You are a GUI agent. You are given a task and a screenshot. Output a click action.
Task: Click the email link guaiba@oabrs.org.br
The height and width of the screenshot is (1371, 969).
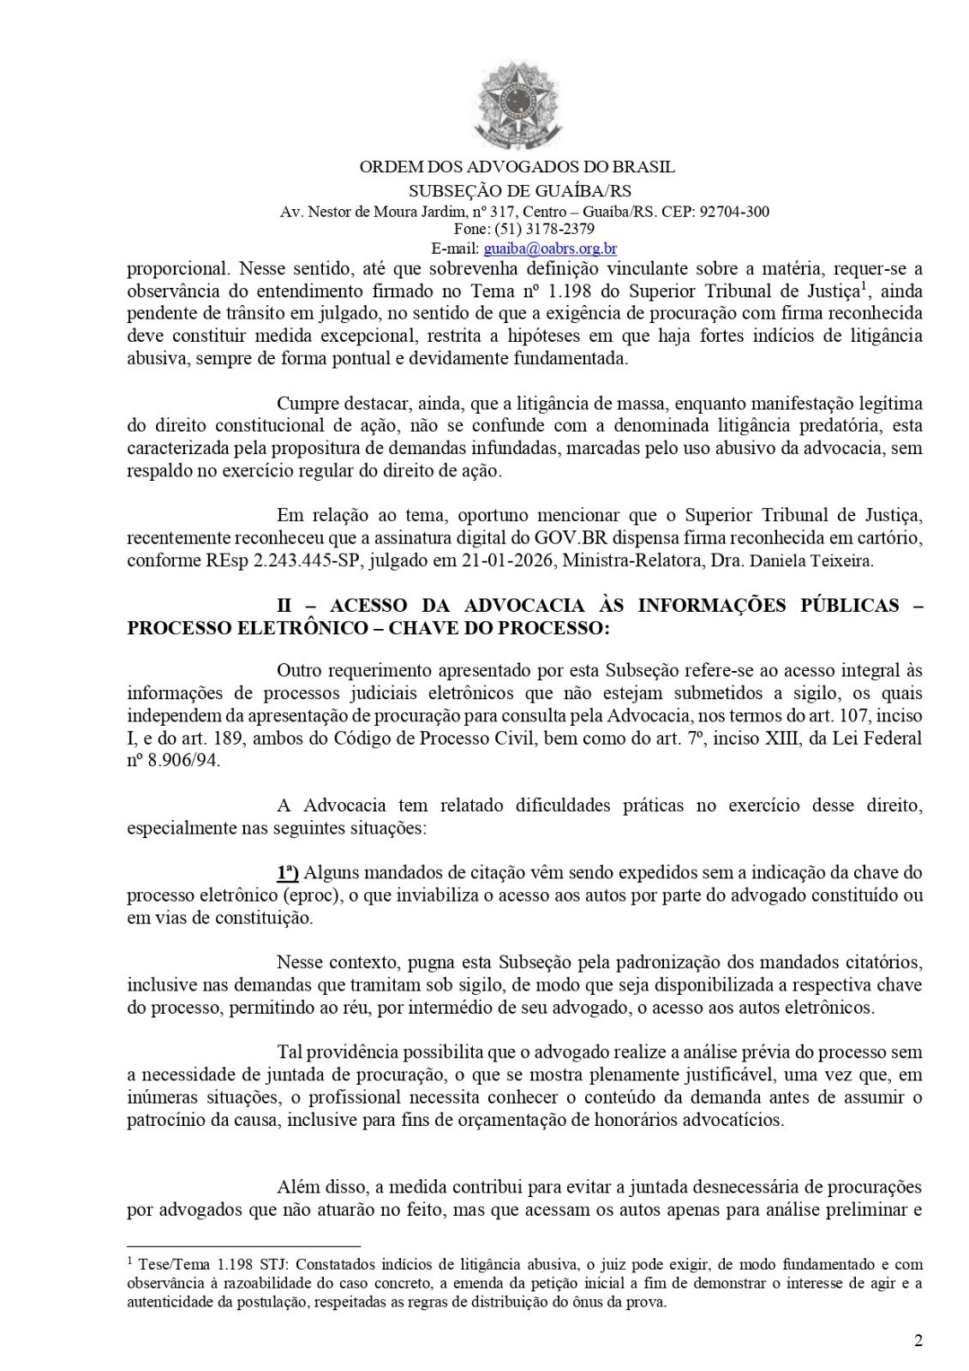click(x=550, y=249)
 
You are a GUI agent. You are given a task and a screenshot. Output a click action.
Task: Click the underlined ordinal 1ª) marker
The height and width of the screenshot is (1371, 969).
click(x=287, y=873)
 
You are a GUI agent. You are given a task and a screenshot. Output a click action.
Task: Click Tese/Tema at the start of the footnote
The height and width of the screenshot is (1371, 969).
click(x=164, y=1264)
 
